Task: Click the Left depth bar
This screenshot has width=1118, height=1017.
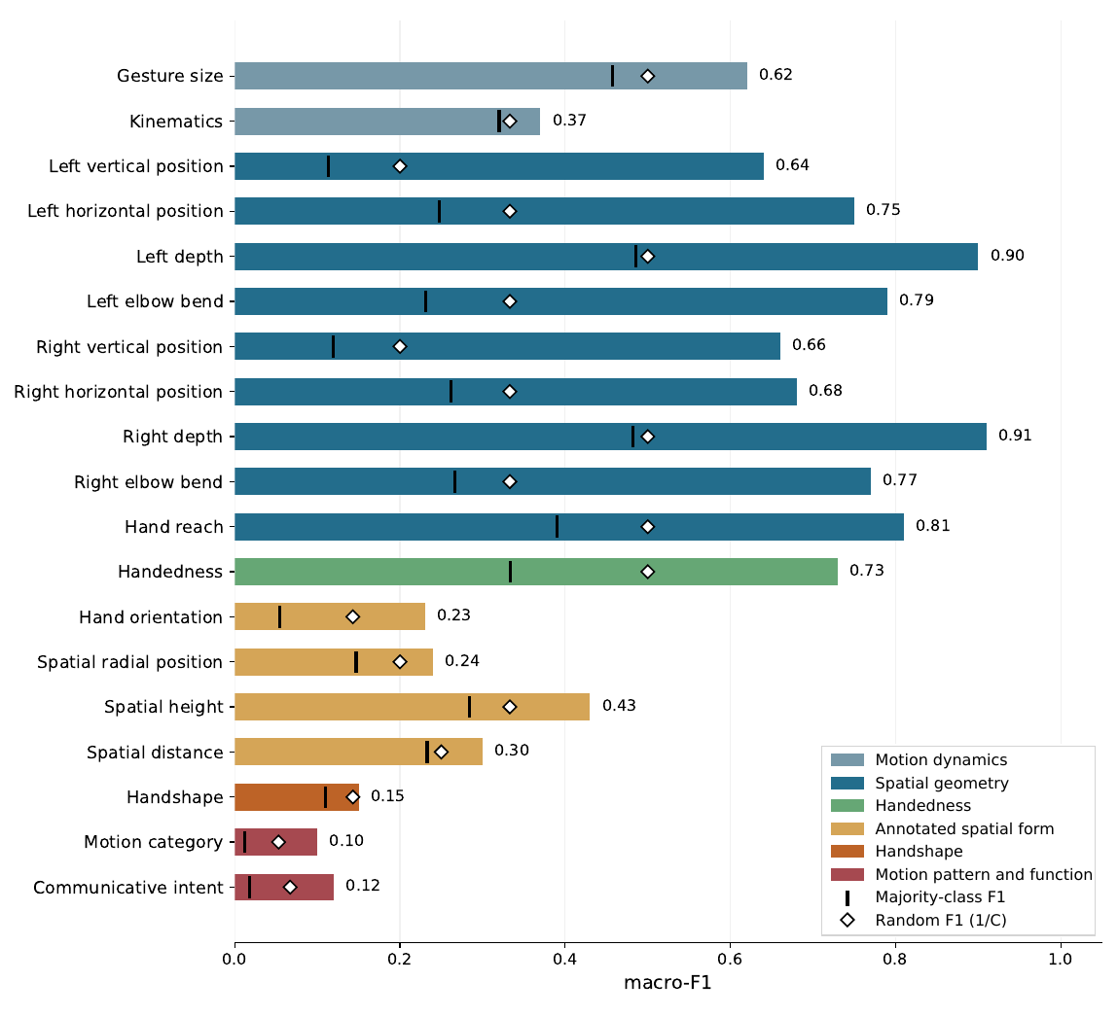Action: pos(606,257)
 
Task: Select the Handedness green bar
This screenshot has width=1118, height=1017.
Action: pos(536,572)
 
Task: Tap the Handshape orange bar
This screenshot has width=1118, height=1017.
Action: pos(297,797)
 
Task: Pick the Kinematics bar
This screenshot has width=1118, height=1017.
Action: pos(387,122)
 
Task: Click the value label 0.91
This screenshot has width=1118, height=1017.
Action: pos(1015,436)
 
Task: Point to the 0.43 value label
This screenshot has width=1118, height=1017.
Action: pos(619,706)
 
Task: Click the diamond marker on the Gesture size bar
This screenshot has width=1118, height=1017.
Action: pos(647,76)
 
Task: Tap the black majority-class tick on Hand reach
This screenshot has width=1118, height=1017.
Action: pos(557,527)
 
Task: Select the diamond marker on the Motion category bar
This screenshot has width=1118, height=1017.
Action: pos(279,842)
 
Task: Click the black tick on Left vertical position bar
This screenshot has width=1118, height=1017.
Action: pos(328,166)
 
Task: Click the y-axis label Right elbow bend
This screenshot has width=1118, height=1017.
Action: pos(148,482)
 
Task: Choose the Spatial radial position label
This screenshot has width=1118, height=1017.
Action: pos(129,663)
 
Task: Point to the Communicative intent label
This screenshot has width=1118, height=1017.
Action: pos(128,888)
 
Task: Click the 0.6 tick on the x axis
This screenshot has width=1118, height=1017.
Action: pos(730,960)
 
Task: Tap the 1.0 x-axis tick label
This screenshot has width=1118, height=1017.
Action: pos(1061,960)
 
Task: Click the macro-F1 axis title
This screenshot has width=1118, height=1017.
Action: pos(667,984)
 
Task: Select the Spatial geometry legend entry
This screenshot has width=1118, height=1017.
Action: pos(920,784)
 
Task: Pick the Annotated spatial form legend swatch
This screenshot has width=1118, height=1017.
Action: pos(848,828)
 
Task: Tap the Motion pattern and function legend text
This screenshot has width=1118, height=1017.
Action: pos(984,874)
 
